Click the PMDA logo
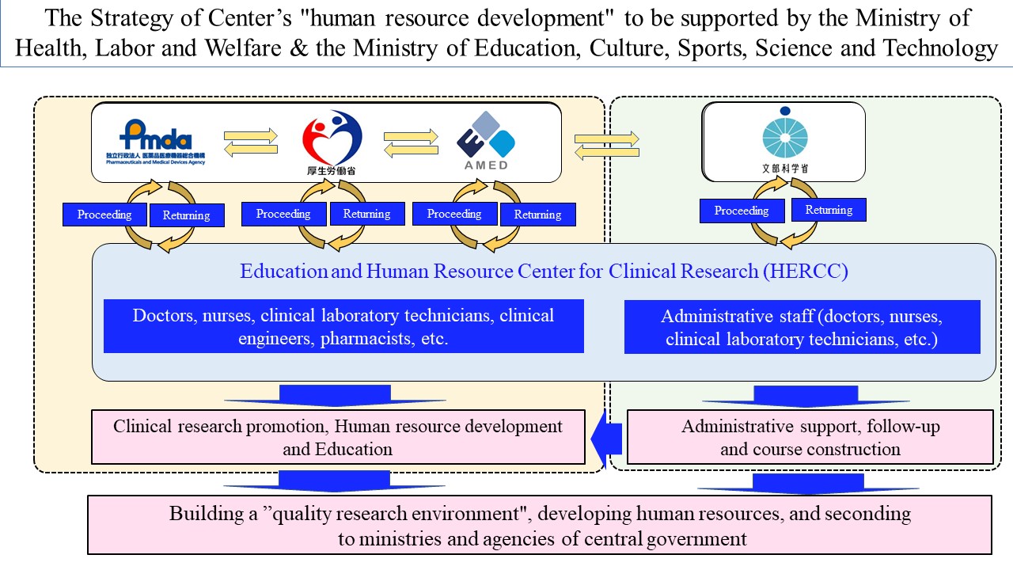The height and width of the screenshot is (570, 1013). (x=158, y=139)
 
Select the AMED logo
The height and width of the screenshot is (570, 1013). (x=486, y=139)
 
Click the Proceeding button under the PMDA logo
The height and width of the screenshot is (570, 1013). (x=104, y=215)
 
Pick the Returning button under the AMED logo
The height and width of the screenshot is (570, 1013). (x=537, y=215)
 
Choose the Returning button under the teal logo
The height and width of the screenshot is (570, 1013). (x=829, y=210)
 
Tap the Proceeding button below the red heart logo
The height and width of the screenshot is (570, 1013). (x=283, y=214)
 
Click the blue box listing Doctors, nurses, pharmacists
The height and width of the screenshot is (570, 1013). (x=343, y=326)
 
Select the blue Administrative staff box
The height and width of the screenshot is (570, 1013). (x=802, y=327)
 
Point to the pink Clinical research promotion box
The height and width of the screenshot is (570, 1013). (x=338, y=437)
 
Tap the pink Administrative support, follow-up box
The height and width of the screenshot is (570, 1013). (x=810, y=437)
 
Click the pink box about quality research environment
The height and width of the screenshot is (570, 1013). (x=539, y=525)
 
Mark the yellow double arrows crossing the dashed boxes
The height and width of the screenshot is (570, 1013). (x=606, y=145)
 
